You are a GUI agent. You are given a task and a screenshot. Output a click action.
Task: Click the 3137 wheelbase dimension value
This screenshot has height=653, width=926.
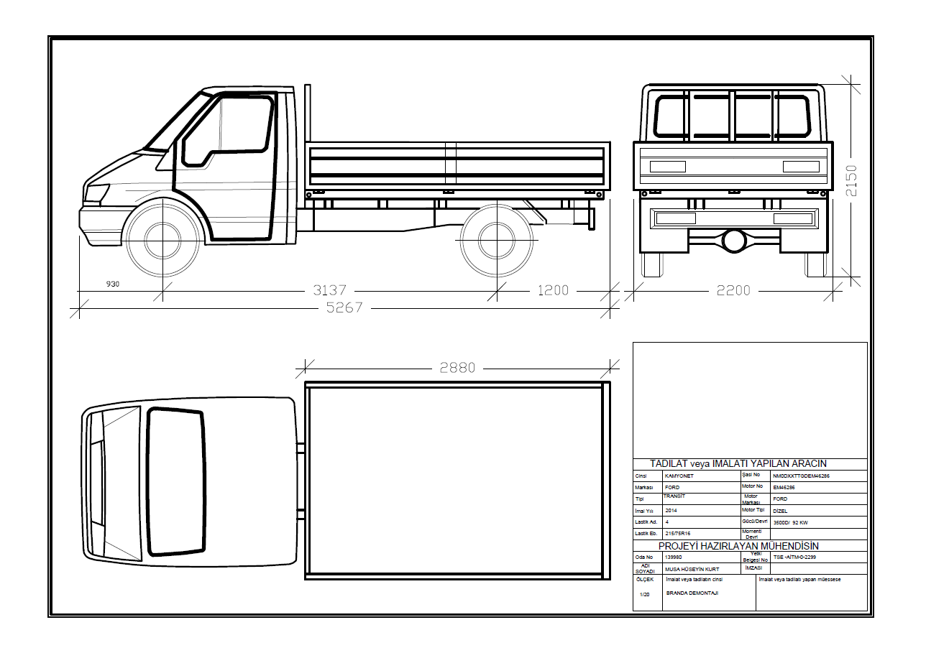[x=329, y=290]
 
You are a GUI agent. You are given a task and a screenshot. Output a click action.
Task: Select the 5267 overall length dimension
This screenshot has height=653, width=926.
[x=344, y=307]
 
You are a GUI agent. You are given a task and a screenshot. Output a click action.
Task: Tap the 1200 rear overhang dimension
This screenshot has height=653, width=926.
[x=553, y=290]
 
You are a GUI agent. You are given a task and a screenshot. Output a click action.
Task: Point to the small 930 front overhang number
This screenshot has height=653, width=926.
[x=112, y=284]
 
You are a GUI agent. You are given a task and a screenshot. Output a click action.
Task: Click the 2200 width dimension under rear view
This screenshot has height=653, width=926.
[x=733, y=290]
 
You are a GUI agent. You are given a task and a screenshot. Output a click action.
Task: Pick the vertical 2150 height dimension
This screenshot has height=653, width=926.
[x=851, y=180]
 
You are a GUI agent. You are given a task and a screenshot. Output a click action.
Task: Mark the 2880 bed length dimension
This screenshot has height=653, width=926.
[x=457, y=368]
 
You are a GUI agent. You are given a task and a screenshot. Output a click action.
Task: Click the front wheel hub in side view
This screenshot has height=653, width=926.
[x=163, y=241]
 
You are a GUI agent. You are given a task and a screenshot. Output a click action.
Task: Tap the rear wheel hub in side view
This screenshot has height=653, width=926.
[x=497, y=241]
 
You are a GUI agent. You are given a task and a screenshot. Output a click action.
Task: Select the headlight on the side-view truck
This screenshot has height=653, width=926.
[x=96, y=193]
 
